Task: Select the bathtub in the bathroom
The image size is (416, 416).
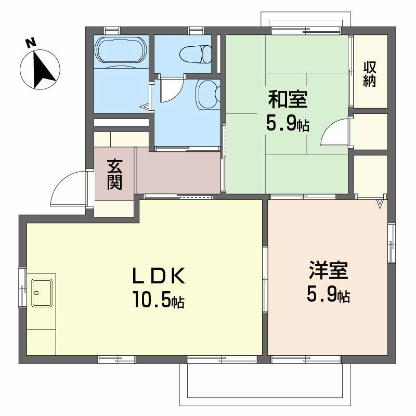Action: tap(121, 51)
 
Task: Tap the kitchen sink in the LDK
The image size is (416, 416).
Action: tap(42, 293)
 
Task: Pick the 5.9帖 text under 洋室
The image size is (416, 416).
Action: tap(328, 295)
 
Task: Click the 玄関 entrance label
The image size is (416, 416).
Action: tap(114, 174)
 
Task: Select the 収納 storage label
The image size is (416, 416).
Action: tap(370, 74)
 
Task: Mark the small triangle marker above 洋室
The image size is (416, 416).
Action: tap(380, 203)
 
